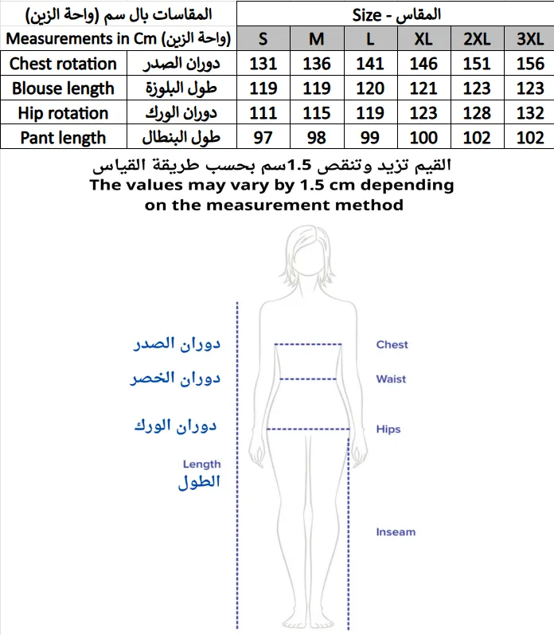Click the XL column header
point(423,38)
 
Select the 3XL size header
point(530,38)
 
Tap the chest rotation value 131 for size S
point(263,64)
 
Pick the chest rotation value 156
point(530,64)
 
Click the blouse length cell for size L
point(370,88)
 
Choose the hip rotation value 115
point(317,113)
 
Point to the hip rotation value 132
point(530,113)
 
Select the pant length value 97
point(263,138)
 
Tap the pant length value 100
point(423,138)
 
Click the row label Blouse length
point(63,88)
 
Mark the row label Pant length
point(63,138)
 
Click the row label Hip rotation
point(63,113)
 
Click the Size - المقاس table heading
point(396,14)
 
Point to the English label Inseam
point(396,532)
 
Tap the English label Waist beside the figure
point(391,379)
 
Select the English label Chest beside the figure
point(392,345)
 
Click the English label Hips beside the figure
point(388,429)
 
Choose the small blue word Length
point(201,464)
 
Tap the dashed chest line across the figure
point(308,345)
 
